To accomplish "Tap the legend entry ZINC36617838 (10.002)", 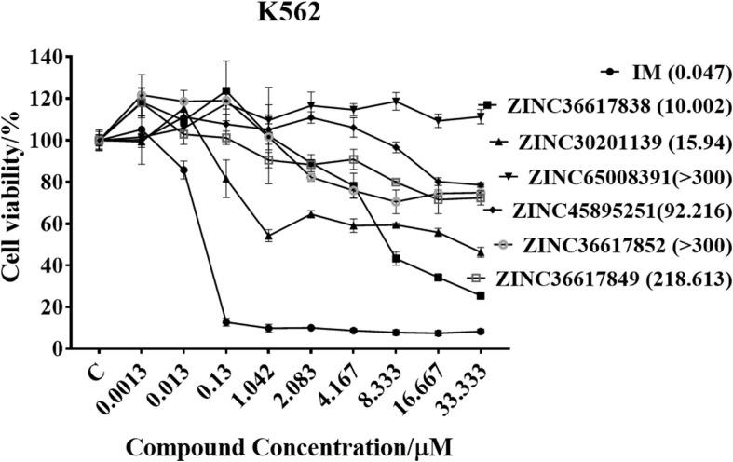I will coord(609,106).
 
